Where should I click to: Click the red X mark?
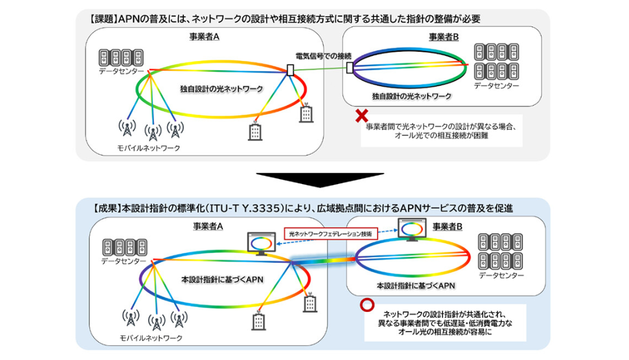[362, 116]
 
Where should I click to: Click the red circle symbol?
[367, 305]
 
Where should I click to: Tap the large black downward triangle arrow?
[319, 180]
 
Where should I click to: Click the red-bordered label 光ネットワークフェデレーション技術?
[331, 234]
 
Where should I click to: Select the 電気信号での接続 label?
[323, 56]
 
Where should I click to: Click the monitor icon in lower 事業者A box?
[262, 243]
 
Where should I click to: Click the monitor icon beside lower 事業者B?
[412, 230]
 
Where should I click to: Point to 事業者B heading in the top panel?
[444, 38]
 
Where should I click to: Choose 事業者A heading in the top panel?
[204, 37]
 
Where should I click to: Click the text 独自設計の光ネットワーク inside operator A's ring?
[222, 89]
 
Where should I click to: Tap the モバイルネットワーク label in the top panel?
[149, 148]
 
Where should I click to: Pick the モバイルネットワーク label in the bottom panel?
[151, 338]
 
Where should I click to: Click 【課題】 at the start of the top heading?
[103, 19]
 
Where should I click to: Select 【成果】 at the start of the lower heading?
[106, 208]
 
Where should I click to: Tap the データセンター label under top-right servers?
[496, 86]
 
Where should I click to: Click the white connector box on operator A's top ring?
[290, 70]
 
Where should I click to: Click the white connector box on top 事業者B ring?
[350, 67]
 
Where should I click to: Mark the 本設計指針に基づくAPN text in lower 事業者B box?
[416, 286]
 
